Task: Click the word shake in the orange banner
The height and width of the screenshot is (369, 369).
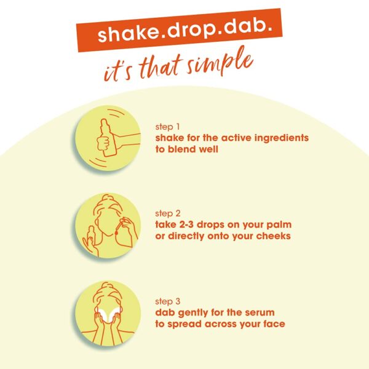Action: [x=128, y=34]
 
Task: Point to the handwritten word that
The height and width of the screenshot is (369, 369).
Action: [x=161, y=68]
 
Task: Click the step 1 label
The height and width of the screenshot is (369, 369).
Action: [x=167, y=127]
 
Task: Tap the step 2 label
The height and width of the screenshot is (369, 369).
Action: [x=167, y=213]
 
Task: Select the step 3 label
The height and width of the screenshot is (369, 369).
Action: [x=167, y=301]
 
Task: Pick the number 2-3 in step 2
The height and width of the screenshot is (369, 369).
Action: [x=186, y=224]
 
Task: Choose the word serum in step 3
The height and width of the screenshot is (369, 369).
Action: [x=260, y=313]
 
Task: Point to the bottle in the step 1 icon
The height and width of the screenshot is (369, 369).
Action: [x=108, y=137]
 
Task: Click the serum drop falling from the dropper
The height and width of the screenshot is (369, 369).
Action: [x=116, y=232]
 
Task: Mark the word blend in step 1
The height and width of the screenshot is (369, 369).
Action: [x=183, y=149]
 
